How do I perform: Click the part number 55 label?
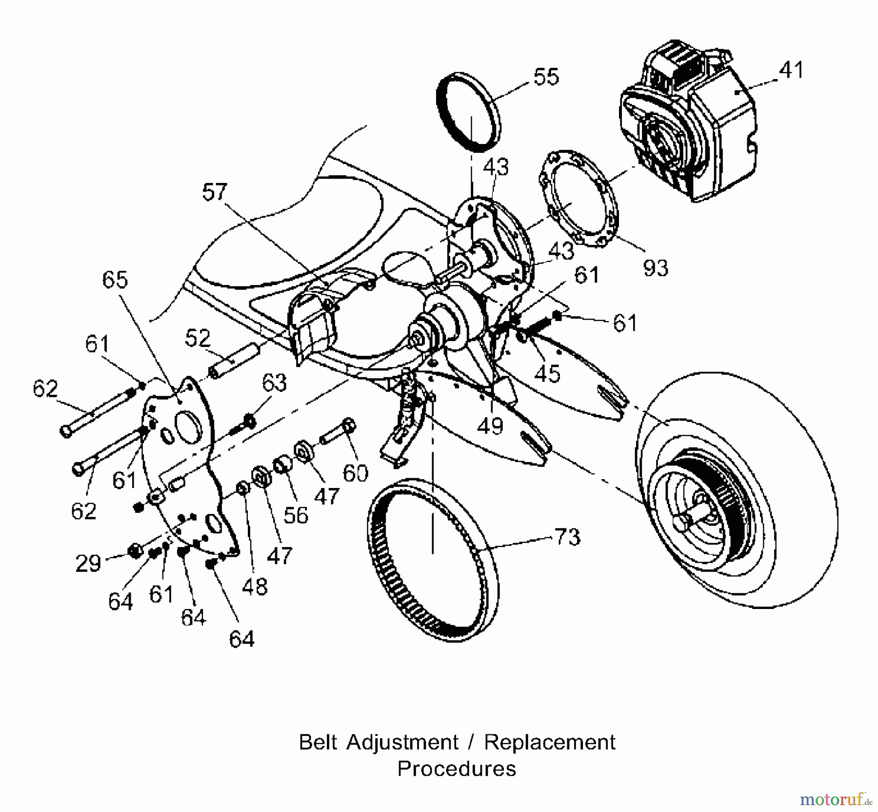pyautogui.click(x=546, y=77)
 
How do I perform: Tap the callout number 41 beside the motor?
pyautogui.click(x=791, y=70)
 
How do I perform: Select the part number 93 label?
pyautogui.click(x=655, y=267)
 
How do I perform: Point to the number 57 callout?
pyautogui.click(x=215, y=192)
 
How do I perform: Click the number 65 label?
pyautogui.click(x=115, y=280)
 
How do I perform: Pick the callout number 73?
pyautogui.click(x=567, y=537)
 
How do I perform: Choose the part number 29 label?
pyautogui.click(x=88, y=563)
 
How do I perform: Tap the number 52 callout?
pyautogui.click(x=198, y=338)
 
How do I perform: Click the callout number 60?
pyautogui.click(x=356, y=473)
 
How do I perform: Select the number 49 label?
pyautogui.click(x=490, y=426)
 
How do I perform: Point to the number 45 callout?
pyautogui.click(x=547, y=373)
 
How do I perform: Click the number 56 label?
pyautogui.click(x=296, y=515)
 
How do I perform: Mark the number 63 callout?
pyautogui.click(x=274, y=383)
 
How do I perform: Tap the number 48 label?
pyautogui.click(x=255, y=586)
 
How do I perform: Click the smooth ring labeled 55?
pyautogui.click(x=468, y=112)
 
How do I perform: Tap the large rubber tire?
pyautogui.click(x=737, y=490)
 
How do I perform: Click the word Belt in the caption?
pyautogui.click(x=319, y=742)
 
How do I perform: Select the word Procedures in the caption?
pyautogui.click(x=457, y=769)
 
